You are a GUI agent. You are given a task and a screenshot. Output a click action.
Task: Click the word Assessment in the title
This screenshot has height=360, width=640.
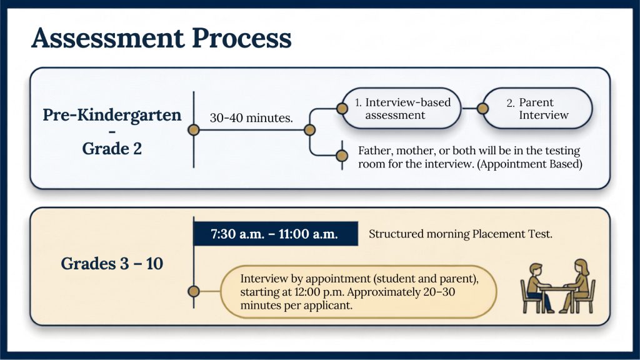pyautogui.click(x=108, y=38)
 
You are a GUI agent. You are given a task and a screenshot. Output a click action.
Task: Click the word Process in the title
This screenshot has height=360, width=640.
pyautogui.click(x=242, y=38)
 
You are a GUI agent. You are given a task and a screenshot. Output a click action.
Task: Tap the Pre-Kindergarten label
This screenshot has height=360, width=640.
pyautogui.click(x=112, y=115)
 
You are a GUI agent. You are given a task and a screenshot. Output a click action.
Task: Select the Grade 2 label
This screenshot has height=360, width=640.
pyautogui.click(x=112, y=149)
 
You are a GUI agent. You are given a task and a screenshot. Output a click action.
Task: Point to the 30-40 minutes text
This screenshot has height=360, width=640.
pyautogui.click(x=251, y=118)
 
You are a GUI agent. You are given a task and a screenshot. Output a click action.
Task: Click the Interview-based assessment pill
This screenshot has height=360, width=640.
pyautogui.click(x=402, y=109)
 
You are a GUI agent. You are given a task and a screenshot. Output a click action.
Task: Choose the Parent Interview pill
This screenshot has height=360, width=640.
pyautogui.click(x=537, y=109)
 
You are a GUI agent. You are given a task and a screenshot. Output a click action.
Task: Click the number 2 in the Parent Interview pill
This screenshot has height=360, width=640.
pyautogui.click(x=510, y=103)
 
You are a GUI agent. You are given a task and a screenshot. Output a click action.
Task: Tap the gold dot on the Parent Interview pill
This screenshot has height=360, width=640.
pyautogui.click(x=483, y=109)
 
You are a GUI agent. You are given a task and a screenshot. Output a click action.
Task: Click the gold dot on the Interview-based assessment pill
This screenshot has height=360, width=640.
pyautogui.click(x=342, y=109)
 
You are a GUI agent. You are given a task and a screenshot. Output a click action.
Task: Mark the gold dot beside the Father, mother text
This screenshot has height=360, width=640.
pyautogui.click(x=342, y=156)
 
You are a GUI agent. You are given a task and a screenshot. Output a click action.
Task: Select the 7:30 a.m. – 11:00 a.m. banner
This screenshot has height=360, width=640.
pyautogui.click(x=276, y=234)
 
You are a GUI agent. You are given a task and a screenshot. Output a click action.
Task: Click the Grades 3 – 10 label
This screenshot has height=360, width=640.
pyautogui.click(x=112, y=264)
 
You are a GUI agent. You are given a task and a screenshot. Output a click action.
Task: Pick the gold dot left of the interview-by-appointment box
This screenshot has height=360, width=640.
pyautogui.click(x=194, y=291)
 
